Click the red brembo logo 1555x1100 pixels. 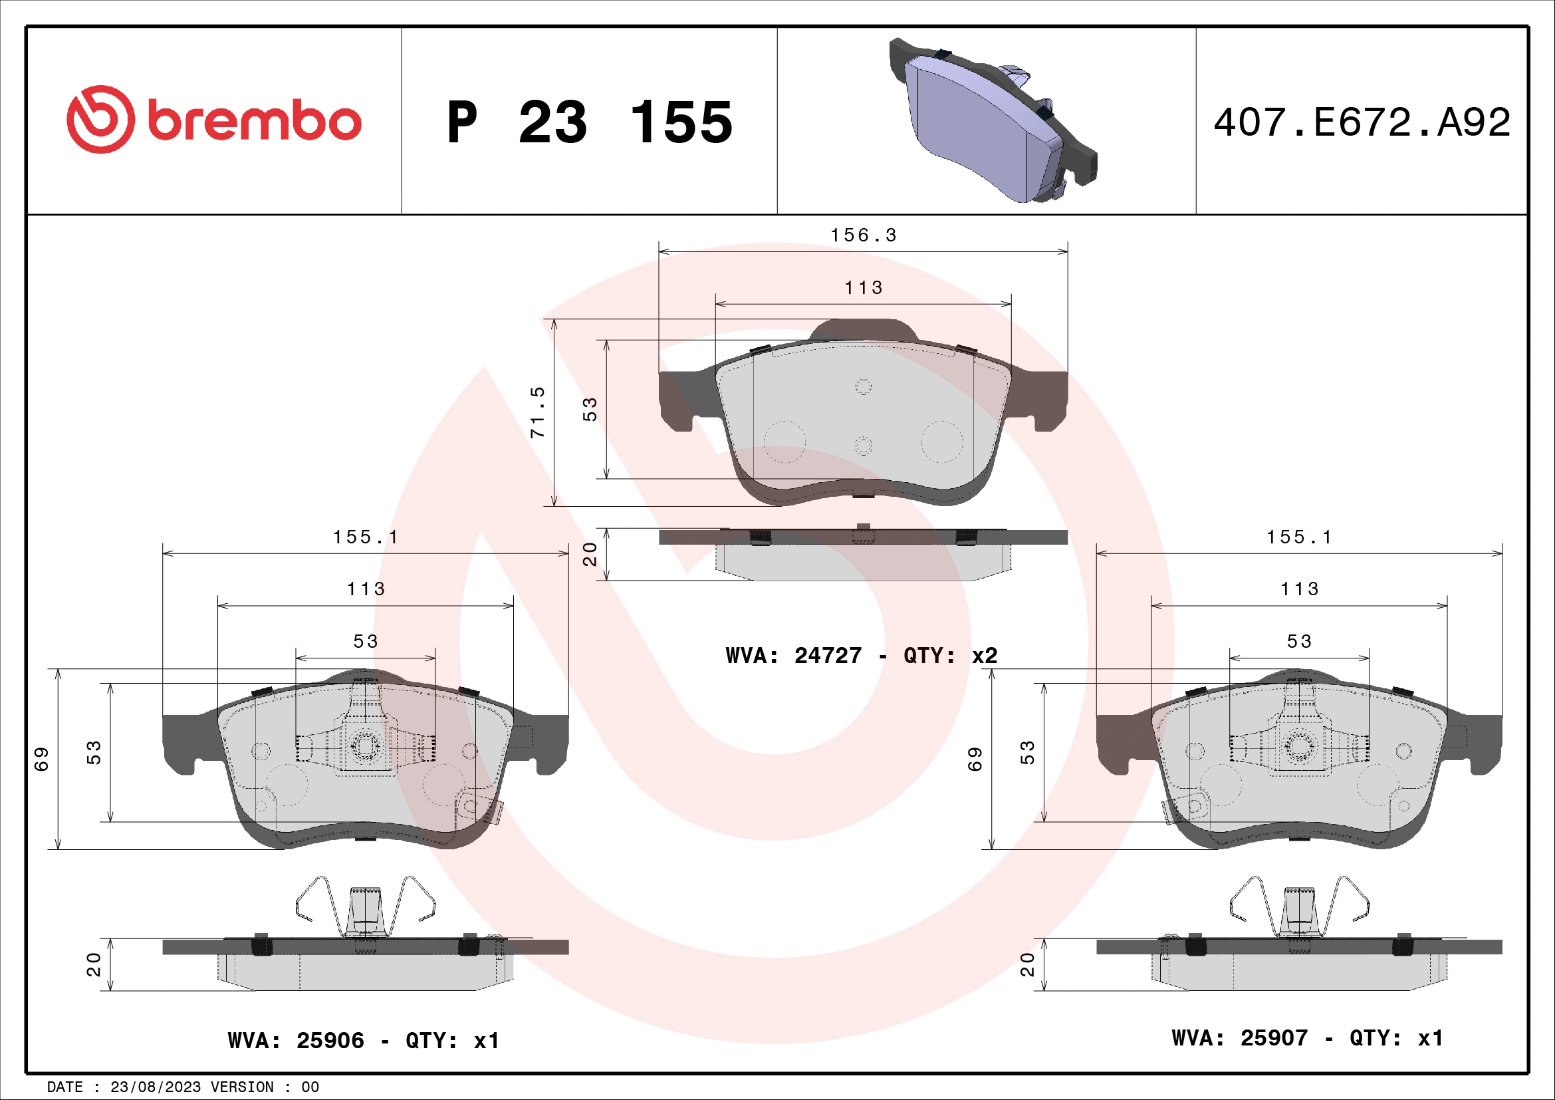click(x=213, y=120)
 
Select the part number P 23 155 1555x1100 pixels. click(x=589, y=122)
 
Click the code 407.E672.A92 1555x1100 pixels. click(x=1362, y=122)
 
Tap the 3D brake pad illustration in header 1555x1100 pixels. click(x=992, y=122)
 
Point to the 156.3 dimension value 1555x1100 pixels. click(x=864, y=235)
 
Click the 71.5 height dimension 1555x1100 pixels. click(x=537, y=412)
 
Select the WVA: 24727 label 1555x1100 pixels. click(x=794, y=656)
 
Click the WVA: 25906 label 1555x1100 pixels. click(x=296, y=1039)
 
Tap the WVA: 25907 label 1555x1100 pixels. click(x=1239, y=1037)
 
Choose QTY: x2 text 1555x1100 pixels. click(x=950, y=656)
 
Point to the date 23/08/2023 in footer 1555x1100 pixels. click(x=155, y=1087)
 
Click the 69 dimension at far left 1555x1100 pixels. click(x=41, y=759)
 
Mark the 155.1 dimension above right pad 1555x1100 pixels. click(x=1299, y=537)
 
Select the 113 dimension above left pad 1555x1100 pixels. click(x=366, y=589)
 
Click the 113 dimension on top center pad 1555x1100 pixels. click(x=864, y=288)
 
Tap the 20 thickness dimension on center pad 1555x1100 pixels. click(x=590, y=553)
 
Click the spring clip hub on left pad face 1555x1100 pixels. click(x=364, y=746)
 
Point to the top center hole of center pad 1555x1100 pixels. click(x=863, y=387)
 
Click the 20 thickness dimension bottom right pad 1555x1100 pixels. click(x=1026, y=964)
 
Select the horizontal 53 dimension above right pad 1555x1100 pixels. click(x=1299, y=641)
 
